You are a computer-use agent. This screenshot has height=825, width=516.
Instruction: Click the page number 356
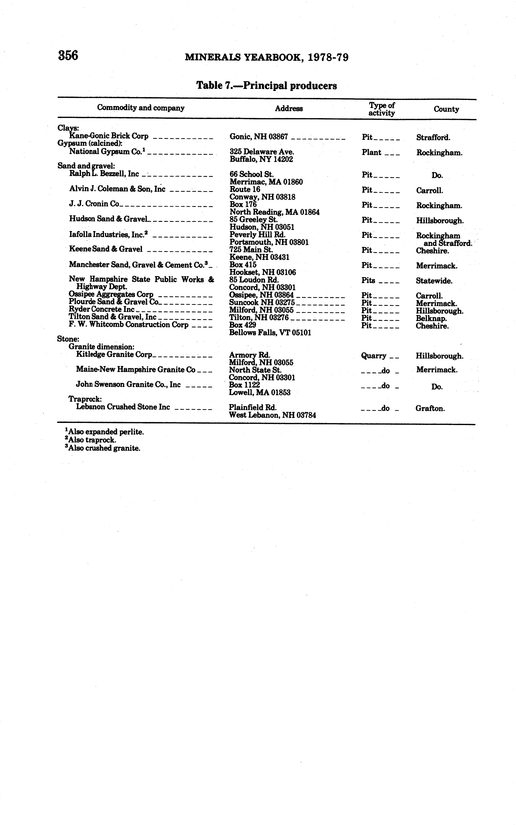click(68, 55)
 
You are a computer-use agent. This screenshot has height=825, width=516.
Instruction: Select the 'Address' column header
click(289, 109)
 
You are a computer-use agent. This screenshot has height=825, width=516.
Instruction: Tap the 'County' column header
click(446, 109)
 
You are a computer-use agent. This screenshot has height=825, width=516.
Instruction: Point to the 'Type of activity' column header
click(381, 109)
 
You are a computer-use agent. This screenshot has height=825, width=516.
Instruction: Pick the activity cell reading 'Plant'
click(371, 152)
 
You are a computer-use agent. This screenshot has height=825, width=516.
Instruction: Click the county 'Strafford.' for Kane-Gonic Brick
click(433, 138)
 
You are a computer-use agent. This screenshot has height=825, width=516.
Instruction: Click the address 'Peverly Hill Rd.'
click(257, 235)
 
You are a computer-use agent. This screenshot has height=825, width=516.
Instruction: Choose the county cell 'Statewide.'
click(434, 281)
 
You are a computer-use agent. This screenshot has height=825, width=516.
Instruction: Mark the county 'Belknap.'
click(431, 318)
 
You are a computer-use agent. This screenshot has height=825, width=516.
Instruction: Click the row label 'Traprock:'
click(85, 399)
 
